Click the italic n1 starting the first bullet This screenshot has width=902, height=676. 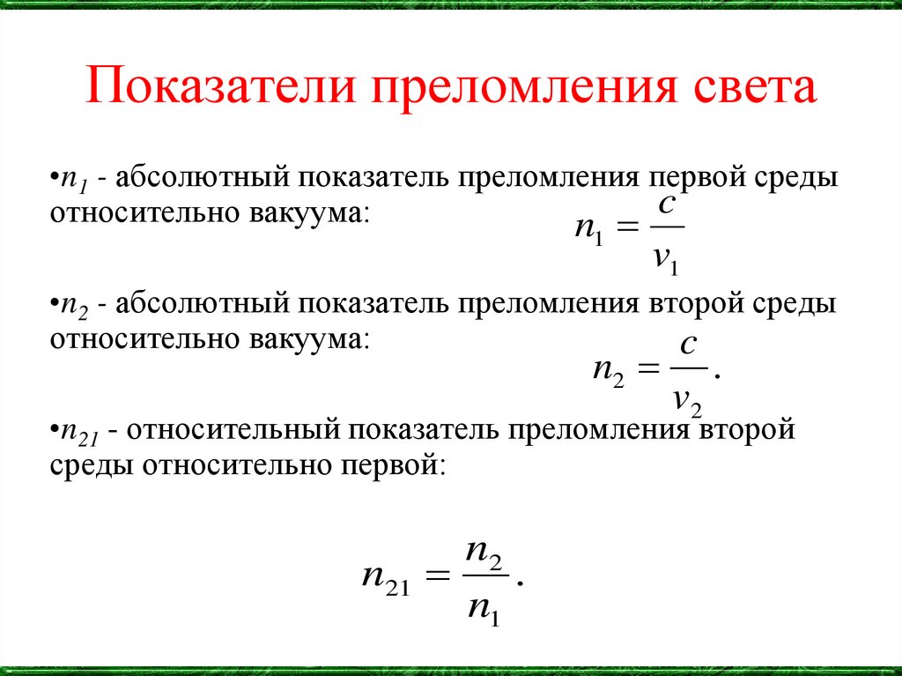[71, 177]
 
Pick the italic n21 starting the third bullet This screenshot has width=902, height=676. [78, 431]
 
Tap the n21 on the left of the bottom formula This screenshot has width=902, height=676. [385, 579]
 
